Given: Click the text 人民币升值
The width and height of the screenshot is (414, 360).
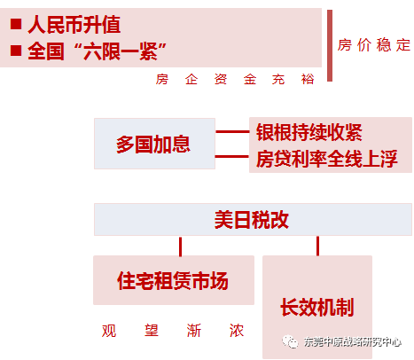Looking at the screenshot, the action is coord(74,25).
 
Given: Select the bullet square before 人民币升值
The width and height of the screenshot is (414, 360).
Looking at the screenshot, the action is coord(16,24).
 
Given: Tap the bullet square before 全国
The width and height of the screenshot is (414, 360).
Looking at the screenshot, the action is coord(16,51).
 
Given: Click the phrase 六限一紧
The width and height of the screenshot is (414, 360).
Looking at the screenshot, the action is coord(121,51).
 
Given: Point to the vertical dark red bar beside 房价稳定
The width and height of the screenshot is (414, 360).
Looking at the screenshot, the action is coord(330,45).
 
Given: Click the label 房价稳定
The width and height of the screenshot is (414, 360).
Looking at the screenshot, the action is coord(374,45).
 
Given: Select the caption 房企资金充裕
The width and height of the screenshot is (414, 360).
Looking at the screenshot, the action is coord(235,79).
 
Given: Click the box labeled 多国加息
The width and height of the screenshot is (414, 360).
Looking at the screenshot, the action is coord(154,144).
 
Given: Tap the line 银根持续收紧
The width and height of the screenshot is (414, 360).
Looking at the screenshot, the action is coord(309,132).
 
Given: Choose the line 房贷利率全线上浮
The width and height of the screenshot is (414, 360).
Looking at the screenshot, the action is coord(326,159).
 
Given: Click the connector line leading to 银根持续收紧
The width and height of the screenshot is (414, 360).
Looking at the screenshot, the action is coord(232,131).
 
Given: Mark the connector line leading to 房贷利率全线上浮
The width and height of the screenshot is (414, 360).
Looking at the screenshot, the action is coord(232,156).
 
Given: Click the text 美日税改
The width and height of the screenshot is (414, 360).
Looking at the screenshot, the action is coord(252,220).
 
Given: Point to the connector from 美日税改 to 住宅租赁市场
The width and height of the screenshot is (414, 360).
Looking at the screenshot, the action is coord(181,246).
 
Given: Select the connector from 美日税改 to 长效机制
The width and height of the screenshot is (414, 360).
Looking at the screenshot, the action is coord(317,246).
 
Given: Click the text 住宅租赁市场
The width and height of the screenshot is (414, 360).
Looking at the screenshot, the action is coord(173,280).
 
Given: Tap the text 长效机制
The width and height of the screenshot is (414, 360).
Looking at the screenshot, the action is coord(317,308).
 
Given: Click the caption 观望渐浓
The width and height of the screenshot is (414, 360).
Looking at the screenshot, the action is coord(173,331).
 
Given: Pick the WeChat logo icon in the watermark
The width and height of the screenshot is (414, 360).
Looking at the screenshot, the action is coord(290,342).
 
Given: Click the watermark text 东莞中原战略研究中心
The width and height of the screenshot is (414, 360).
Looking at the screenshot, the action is coord(352,342).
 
